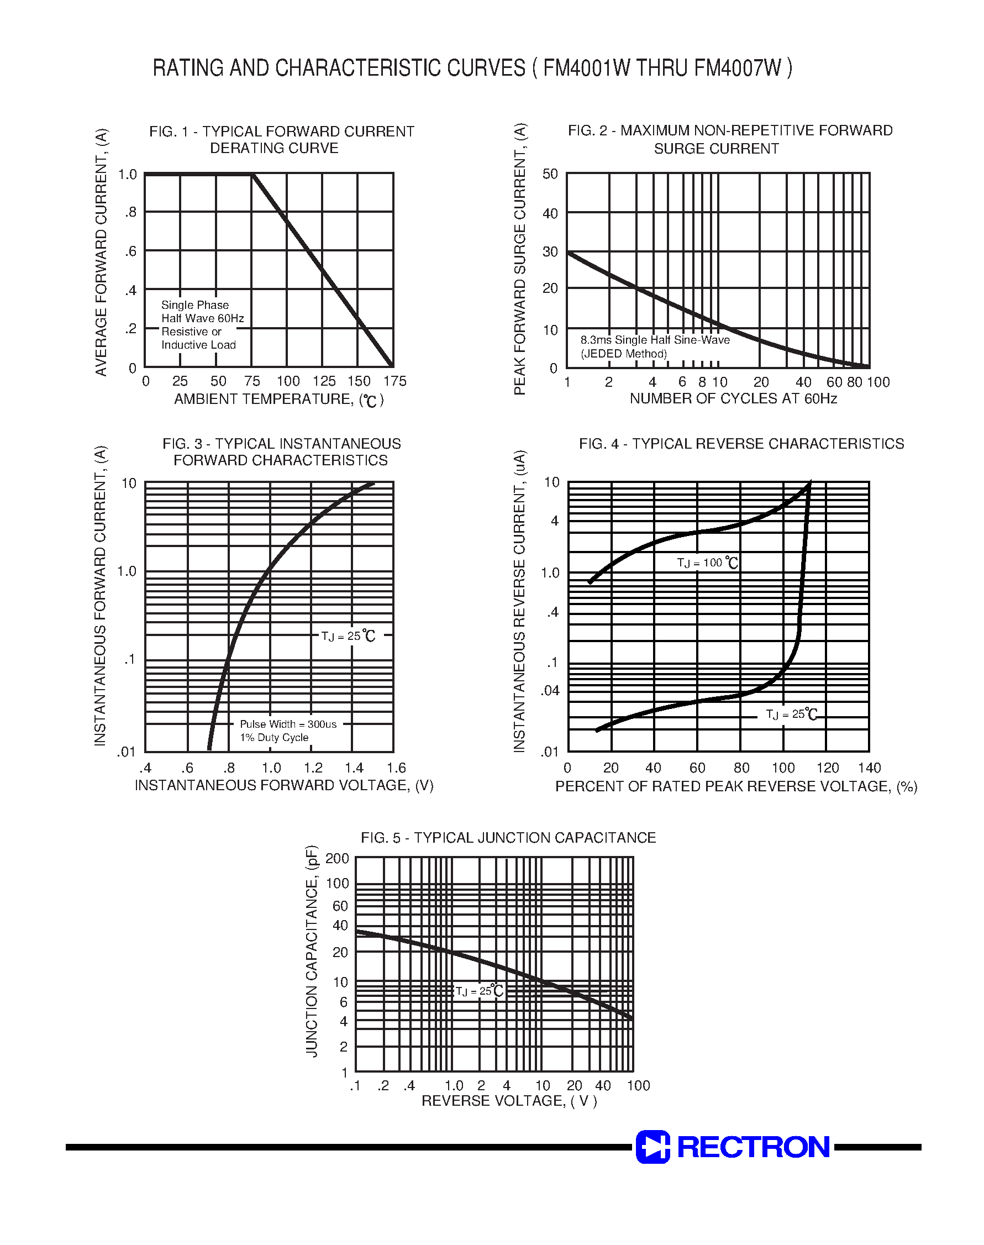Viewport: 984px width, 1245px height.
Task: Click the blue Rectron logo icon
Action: coord(653,1147)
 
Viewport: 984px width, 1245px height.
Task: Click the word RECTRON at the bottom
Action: coord(753,1147)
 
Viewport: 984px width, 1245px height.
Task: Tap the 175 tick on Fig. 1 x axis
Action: coord(394,381)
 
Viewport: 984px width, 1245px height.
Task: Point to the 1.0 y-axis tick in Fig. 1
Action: coord(127,174)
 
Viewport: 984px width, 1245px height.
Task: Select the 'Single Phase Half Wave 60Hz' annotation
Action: coord(202,312)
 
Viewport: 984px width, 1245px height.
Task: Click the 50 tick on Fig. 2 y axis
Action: coord(550,174)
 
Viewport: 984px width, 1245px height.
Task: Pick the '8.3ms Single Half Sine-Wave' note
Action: coord(655,340)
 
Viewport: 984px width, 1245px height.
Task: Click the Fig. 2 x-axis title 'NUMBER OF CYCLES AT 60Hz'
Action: coord(733,398)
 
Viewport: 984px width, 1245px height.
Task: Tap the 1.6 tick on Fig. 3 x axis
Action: coord(396,768)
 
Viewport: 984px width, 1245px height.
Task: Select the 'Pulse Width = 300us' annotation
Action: coord(288,724)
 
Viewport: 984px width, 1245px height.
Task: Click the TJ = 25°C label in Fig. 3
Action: coord(348,636)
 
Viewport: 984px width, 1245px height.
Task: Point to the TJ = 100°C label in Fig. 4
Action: coord(707,563)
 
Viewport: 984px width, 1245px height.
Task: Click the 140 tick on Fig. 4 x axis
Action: coord(869,768)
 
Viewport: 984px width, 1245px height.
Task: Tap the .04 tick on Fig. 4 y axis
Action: coord(550,691)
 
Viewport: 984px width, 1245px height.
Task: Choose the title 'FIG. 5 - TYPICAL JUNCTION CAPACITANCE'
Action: coord(508,838)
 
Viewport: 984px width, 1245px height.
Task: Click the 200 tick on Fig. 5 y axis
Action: coord(337,859)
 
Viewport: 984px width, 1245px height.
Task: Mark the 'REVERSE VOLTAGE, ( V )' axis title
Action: coord(509,1101)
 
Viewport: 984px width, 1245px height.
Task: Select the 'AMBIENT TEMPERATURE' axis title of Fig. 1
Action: coord(279,400)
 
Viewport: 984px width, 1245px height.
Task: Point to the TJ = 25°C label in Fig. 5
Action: coord(480,991)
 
